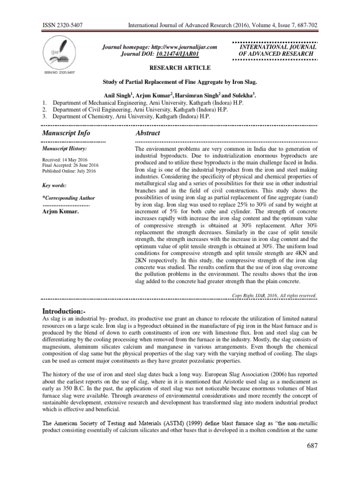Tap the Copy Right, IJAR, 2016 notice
coord(274,295)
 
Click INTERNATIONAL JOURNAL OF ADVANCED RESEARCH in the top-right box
coord(278,51)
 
